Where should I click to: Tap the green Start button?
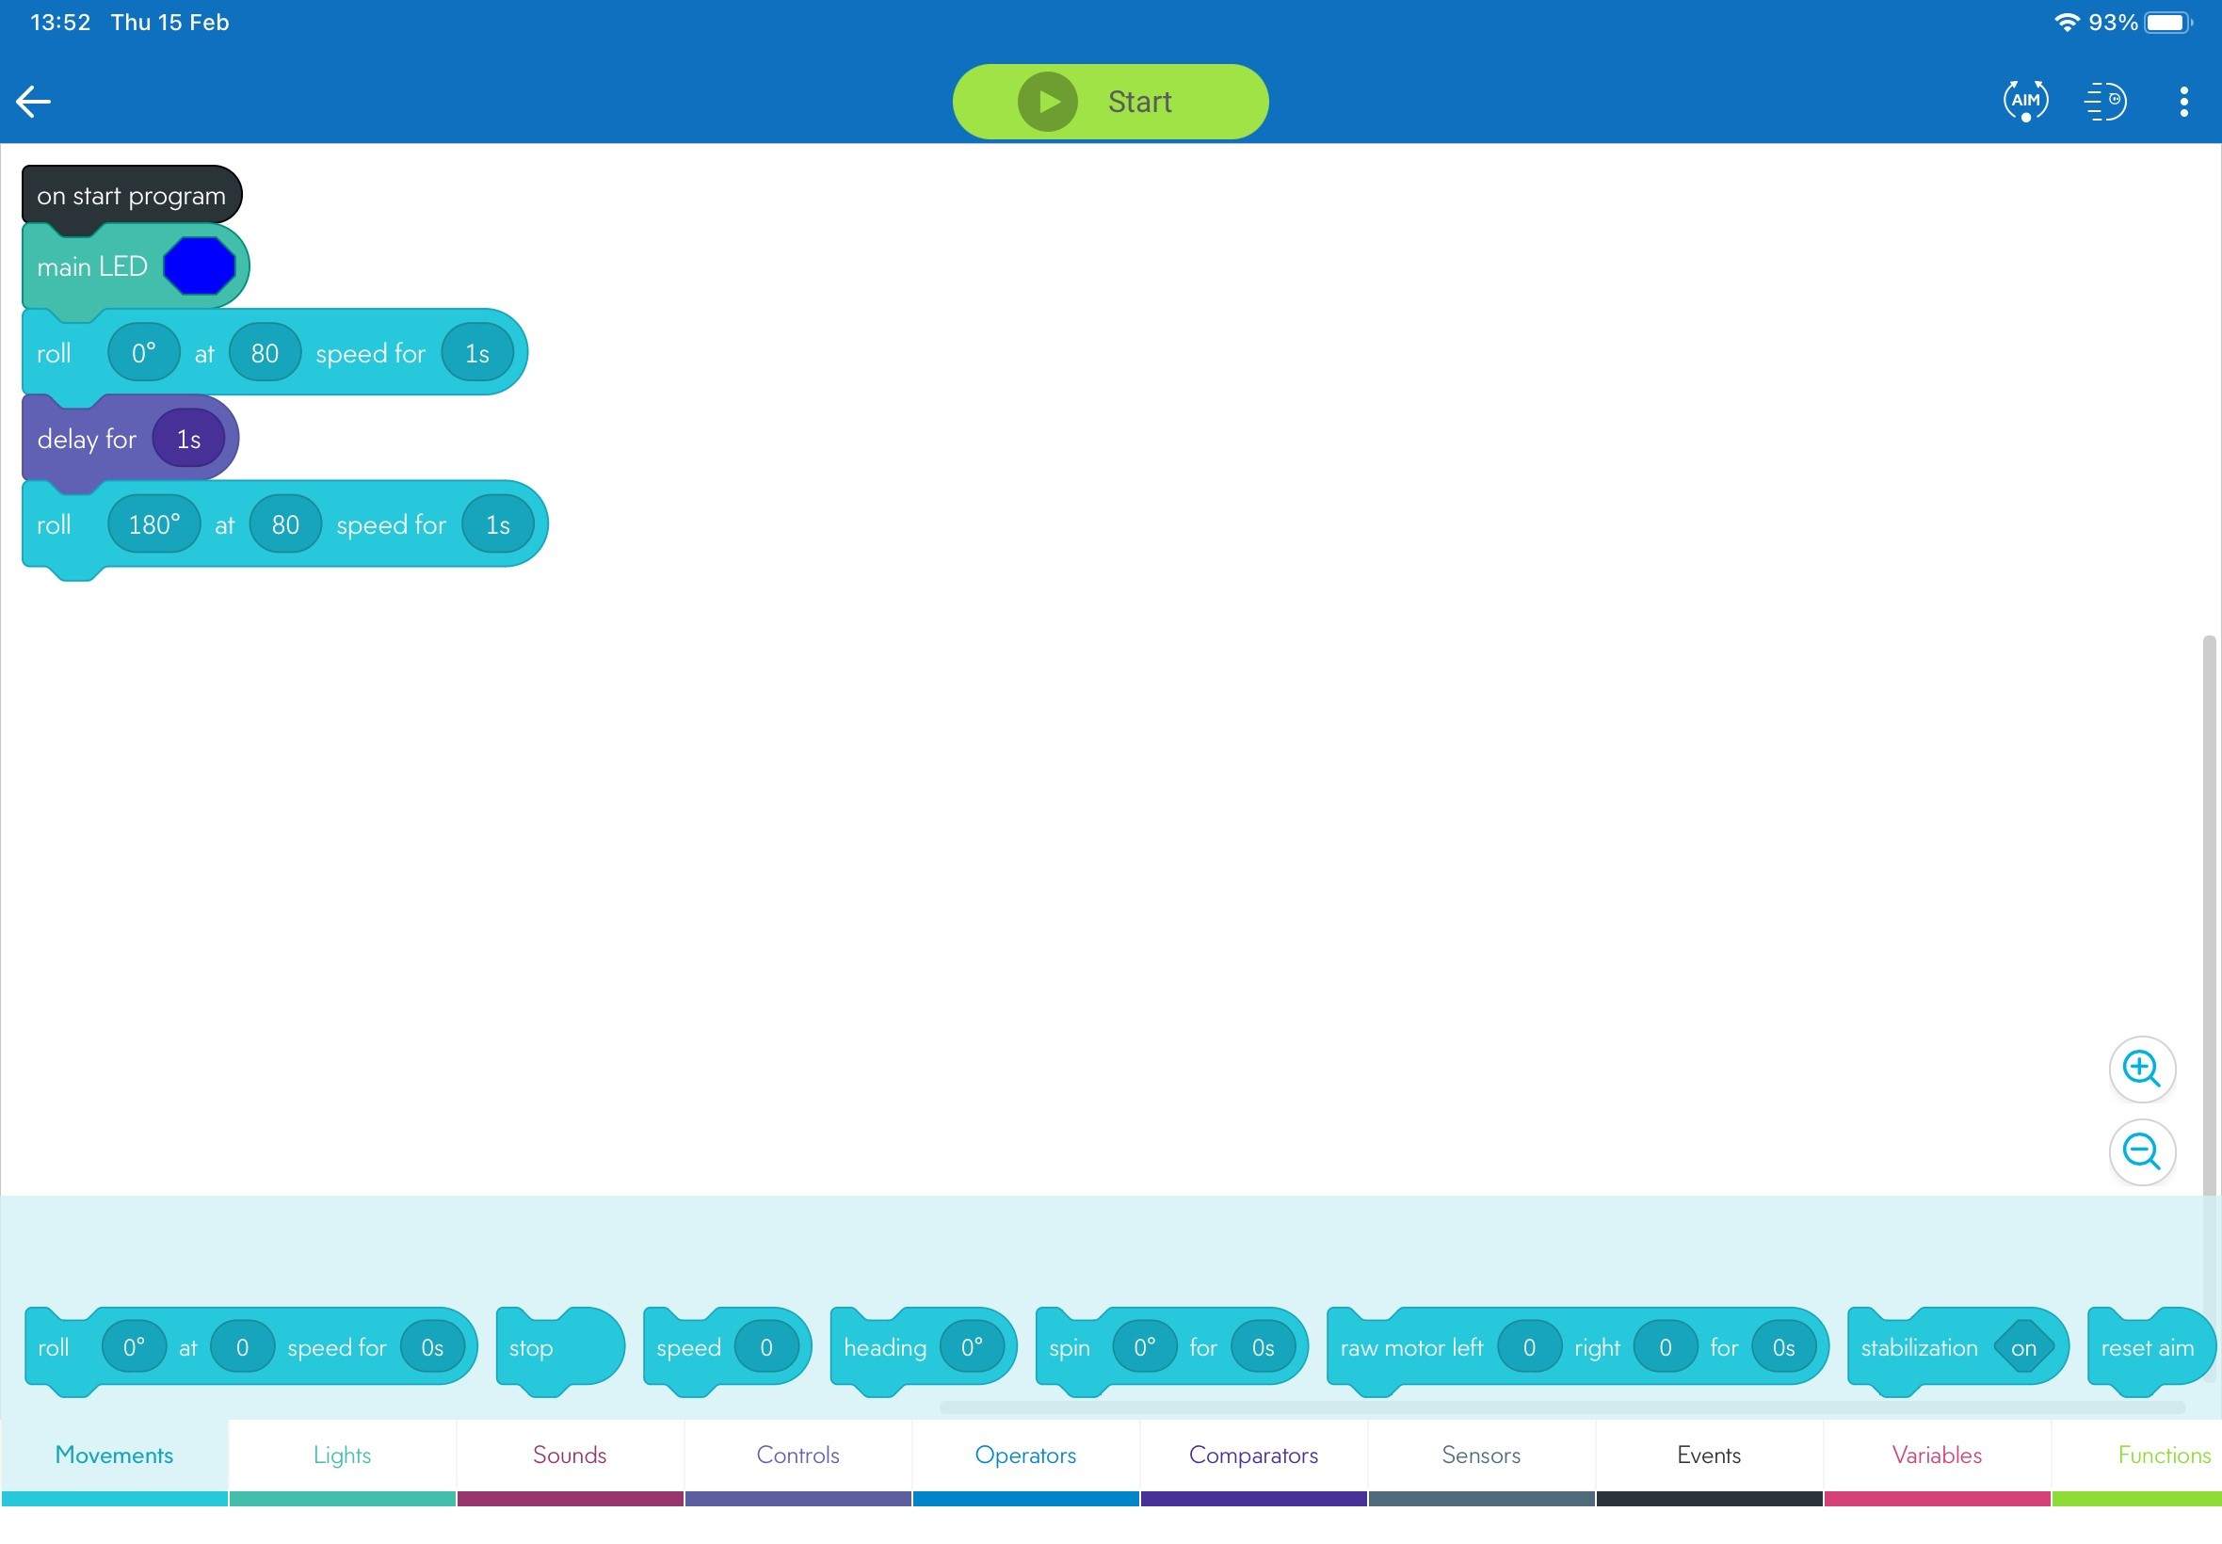[1109, 102]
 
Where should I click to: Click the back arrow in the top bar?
[33, 102]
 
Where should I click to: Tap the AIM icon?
[2024, 101]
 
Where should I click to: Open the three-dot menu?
[2183, 102]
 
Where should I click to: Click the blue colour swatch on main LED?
[200, 266]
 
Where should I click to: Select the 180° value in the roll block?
[153, 524]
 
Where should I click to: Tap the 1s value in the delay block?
[188, 440]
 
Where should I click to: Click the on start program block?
[132, 196]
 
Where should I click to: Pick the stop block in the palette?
[560, 1347]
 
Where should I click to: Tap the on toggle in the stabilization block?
[2022, 1347]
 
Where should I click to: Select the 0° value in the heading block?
[973, 1346]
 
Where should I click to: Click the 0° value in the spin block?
[1144, 1346]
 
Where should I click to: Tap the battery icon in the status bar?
[2167, 23]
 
